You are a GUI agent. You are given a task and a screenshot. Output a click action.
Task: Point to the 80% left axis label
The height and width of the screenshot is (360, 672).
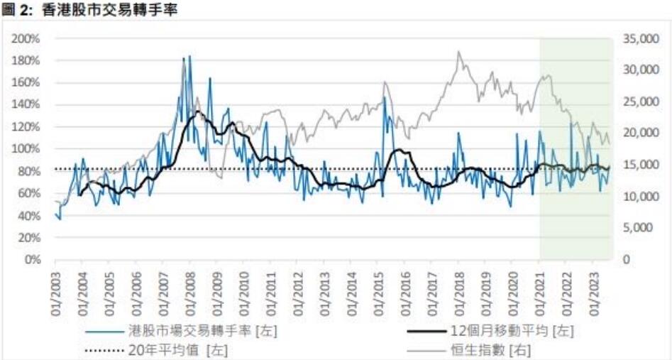pos(29,171)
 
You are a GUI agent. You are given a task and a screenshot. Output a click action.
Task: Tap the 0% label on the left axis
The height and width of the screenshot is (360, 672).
pos(32,260)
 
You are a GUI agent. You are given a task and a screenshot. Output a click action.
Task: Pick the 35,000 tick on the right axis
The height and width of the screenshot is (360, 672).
pos(639,38)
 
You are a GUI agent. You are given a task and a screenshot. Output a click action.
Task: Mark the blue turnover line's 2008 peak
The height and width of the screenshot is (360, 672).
pos(189,56)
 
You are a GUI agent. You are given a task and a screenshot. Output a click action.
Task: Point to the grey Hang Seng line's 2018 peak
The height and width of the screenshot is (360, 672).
pos(459,52)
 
